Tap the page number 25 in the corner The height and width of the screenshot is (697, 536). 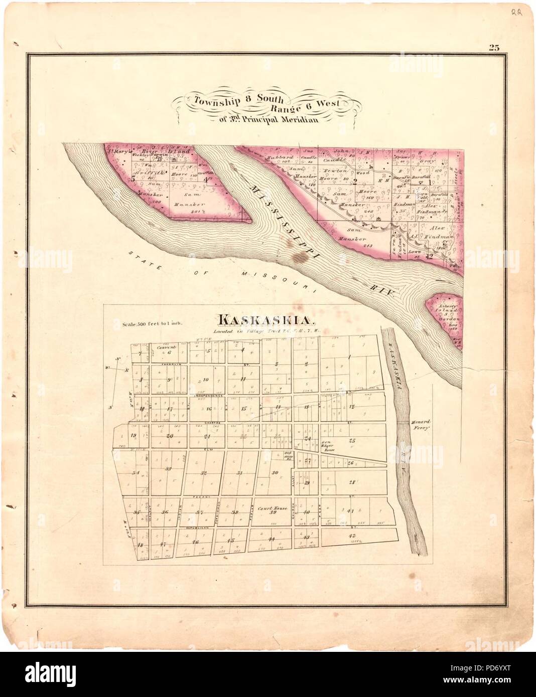[494, 48]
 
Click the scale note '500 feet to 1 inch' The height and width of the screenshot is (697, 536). [153, 324]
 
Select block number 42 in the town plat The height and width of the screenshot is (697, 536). [351, 536]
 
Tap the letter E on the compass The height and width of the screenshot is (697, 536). [127, 371]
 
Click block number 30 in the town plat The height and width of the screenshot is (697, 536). [275, 473]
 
